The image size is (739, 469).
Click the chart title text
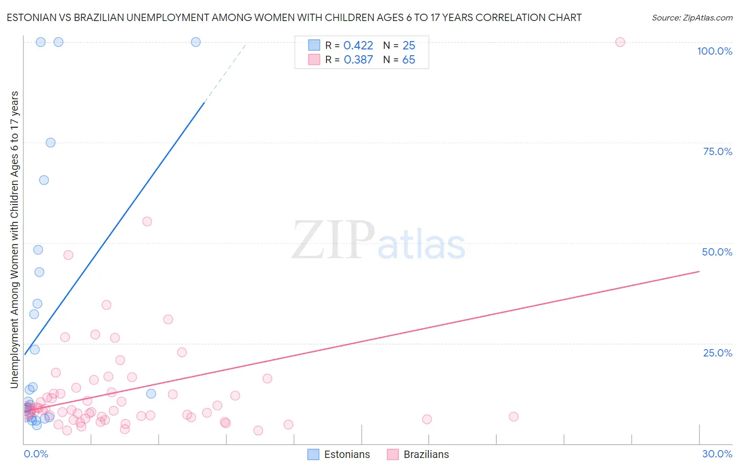click(294, 17)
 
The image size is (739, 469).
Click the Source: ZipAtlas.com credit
click(692, 17)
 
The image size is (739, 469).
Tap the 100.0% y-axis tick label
click(714, 51)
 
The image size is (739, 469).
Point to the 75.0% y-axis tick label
click(717, 151)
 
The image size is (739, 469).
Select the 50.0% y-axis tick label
click(717, 252)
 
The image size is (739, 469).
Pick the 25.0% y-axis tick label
click(717, 353)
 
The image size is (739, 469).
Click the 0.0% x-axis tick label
click(36, 454)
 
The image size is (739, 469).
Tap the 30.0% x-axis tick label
click(717, 454)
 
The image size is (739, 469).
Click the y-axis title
click(14, 240)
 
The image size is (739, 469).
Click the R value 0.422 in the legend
click(358, 46)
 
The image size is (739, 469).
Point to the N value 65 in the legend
click(408, 60)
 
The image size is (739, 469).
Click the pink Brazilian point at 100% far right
click(620, 42)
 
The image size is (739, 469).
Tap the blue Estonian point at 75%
click(50, 142)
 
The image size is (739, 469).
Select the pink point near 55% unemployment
click(147, 221)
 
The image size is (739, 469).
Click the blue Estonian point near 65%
click(44, 180)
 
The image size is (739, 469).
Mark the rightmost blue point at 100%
click(196, 42)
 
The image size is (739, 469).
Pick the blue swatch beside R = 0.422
click(314, 45)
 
